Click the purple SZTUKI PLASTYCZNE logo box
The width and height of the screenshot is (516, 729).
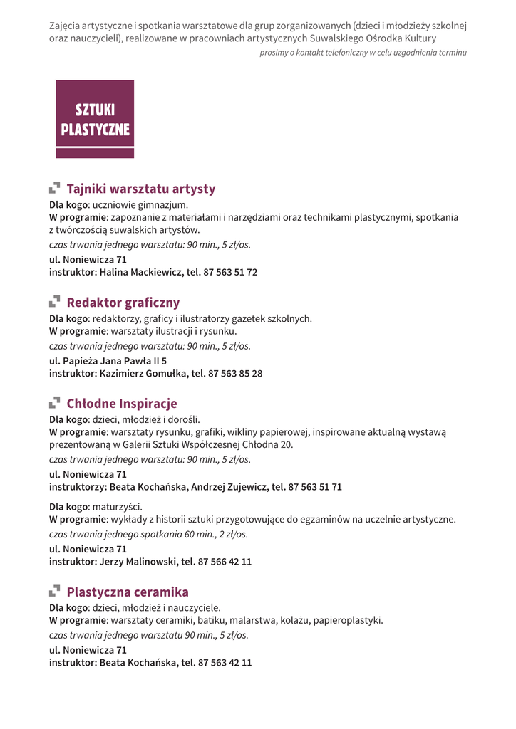[x=95, y=119]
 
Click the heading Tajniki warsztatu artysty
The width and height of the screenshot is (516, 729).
[x=140, y=189]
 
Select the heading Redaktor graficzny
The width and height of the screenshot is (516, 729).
[x=123, y=303]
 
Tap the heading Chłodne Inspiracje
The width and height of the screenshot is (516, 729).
[x=121, y=404]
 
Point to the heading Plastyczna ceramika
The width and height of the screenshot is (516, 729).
[x=128, y=592]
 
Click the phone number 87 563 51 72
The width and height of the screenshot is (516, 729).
[x=230, y=272]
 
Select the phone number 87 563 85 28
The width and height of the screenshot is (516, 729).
[x=235, y=373]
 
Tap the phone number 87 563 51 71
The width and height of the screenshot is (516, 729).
[x=315, y=487]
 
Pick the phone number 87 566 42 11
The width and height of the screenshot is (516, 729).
[x=225, y=561]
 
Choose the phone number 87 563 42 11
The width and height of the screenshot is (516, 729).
[x=225, y=662]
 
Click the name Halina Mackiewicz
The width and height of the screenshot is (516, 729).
[x=140, y=272]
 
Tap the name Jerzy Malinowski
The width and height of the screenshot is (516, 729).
[x=138, y=561]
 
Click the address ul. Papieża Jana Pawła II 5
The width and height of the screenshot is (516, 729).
[x=108, y=361]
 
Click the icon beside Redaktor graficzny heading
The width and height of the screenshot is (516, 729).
[x=54, y=303]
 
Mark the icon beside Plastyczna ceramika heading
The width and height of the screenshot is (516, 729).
[x=54, y=592]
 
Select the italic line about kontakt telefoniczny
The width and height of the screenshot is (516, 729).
[x=363, y=53]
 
